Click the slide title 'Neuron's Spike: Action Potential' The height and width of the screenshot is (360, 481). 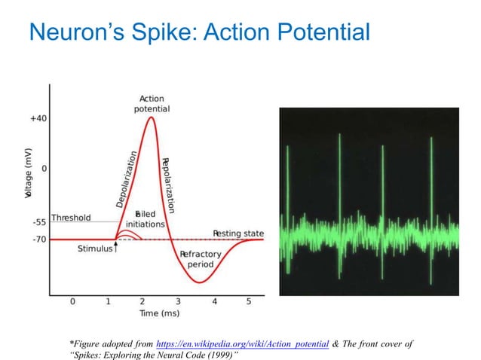[198, 32]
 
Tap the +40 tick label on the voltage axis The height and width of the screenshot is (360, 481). [38, 118]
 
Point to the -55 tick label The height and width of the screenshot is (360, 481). [38, 223]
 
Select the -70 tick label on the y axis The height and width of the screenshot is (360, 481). [38, 239]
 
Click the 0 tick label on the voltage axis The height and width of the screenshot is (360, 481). [43, 168]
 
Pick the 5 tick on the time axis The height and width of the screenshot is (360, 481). [249, 301]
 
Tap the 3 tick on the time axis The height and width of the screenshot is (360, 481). [178, 301]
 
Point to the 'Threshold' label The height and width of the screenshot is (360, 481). [71, 218]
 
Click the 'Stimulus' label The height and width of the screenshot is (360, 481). [95, 249]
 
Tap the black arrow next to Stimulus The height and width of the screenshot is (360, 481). [116, 247]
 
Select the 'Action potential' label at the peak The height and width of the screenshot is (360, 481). [153, 103]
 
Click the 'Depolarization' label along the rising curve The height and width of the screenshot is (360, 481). [125, 180]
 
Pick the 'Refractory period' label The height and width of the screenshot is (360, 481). [201, 260]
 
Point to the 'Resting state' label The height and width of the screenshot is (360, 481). [237, 233]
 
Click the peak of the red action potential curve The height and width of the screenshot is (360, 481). [152, 117]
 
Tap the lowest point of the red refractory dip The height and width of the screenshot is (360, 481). [198, 282]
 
